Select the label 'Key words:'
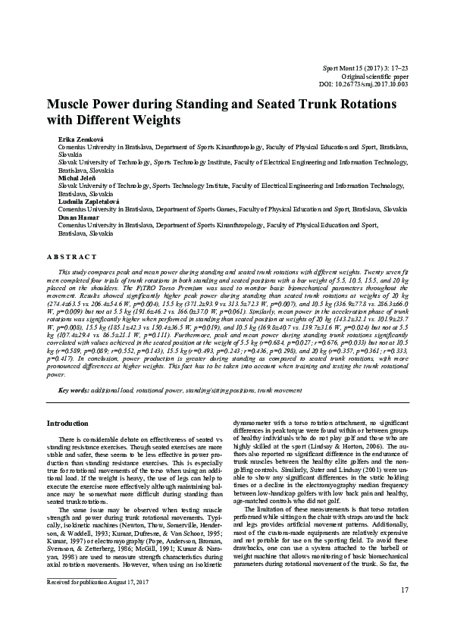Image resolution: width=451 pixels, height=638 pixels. (75, 390)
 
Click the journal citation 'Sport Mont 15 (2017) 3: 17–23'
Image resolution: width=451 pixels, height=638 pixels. (365, 68)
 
